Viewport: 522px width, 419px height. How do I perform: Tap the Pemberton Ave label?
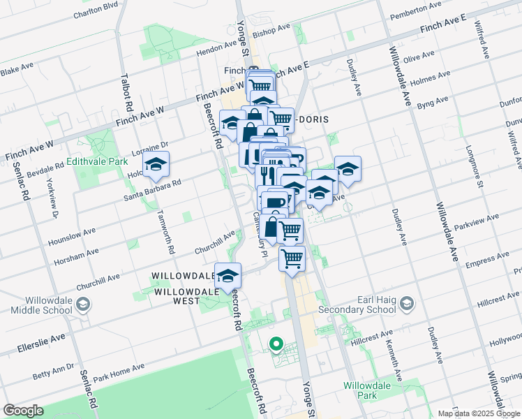pos(417,11)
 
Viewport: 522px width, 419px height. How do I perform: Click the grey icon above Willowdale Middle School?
pos(83,304)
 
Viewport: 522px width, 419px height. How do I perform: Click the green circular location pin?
pos(276,344)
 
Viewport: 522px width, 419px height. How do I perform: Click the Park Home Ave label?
pos(119,371)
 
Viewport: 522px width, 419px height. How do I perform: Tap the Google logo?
pos(23,411)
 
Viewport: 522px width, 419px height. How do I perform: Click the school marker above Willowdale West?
pos(228,276)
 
